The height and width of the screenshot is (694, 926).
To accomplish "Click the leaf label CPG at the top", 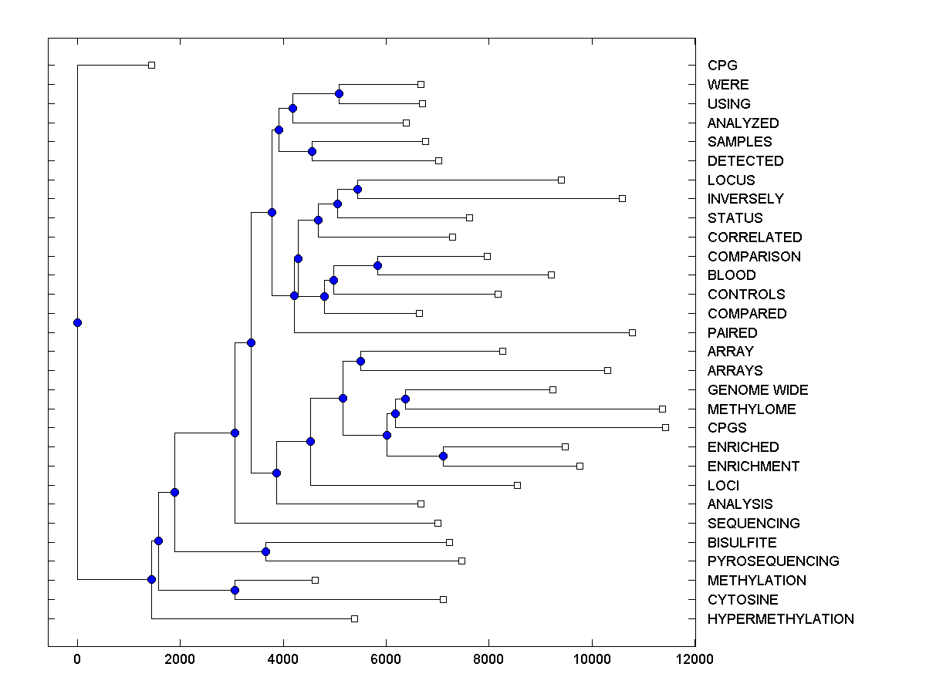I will click(x=722, y=66).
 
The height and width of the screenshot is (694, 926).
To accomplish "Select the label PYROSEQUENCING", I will click(x=773, y=561).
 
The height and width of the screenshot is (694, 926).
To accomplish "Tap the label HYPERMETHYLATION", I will click(x=780, y=619).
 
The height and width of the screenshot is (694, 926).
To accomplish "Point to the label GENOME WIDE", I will click(x=758, y=390).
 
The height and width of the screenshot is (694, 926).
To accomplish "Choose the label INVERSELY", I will click(x=745, y=199).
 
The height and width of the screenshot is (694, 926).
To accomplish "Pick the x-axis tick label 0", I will click(x=77, y=659).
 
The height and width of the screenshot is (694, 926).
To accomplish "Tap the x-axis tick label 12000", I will click(x=694, y=659).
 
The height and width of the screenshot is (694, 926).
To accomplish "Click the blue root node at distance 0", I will click(x=77, y=322).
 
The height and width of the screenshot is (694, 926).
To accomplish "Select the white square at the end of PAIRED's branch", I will click(x=632, y=332).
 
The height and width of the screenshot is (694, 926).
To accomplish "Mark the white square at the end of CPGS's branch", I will click(x=665, y=427).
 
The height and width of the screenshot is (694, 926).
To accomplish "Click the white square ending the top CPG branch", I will click(x=151, y=65).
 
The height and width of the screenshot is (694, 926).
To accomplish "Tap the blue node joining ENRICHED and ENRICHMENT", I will click(x=443, y=456).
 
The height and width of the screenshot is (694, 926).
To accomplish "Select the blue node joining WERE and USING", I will click(x=339, y=93).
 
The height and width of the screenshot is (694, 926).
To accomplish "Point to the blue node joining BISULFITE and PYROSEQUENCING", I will click(x=265, y=551).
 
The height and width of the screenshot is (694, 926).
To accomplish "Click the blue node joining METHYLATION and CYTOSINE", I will click(x=235, y=590).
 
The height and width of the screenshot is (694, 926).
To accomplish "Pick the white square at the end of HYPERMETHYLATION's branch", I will click(x=354, y=618).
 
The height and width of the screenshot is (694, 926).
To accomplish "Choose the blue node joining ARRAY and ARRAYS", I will click(x=360, y=361).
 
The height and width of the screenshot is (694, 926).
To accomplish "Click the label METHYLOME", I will click(x=751, y=409).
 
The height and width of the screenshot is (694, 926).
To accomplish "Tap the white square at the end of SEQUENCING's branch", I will click(x=438, y=523).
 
